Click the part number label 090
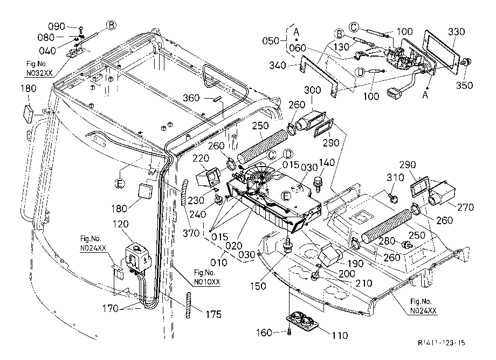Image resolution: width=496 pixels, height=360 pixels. tap(57, 26)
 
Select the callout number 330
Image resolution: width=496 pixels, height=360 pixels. tap(457, 32)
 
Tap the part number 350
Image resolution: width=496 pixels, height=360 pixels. tap(464, 85)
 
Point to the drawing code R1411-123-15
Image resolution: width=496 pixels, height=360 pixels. tap(442, 343)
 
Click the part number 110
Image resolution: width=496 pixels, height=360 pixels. tap(340, 335)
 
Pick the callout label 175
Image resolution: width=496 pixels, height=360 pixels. tap(213, 315)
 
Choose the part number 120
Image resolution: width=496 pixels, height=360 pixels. tap(121, 224)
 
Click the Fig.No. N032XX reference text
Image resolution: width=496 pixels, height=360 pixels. tap(39, 68)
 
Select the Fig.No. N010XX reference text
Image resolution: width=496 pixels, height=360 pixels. tap(207, 277)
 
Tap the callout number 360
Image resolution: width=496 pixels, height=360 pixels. tap(191, 98)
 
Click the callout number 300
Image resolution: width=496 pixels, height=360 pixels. tap(313, 90)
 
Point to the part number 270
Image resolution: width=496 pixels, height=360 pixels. tap(466, 207)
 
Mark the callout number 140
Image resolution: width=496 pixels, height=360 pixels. tap(327, 162)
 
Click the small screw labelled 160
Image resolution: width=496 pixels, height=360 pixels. tap(289, 332)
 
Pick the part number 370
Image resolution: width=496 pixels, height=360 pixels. tap(191, 233)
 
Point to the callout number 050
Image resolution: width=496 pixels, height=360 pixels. tap(271, 41)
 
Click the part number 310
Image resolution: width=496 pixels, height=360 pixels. tap(395, 178)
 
